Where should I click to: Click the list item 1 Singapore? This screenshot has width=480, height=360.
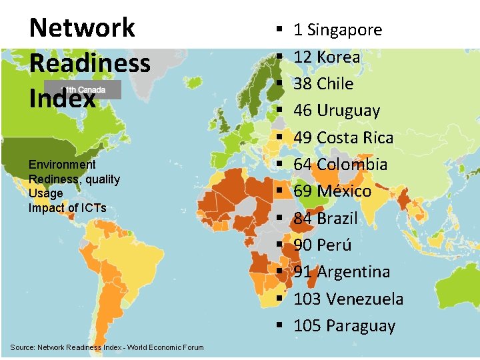[337, 30]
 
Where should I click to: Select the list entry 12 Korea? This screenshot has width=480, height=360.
[327, 57]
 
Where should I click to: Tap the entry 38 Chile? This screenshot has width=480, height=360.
[323, 84]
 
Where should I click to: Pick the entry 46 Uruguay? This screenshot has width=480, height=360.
[337, 111]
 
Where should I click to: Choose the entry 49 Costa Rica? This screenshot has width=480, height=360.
[343, 138]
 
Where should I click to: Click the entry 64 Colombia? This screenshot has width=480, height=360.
[340, 165]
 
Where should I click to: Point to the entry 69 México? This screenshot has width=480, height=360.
[332, 191]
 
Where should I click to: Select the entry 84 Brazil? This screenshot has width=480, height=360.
[325, 219]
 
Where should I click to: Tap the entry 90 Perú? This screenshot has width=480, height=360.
[322, 245]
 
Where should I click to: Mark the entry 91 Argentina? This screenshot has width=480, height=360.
[341, 272]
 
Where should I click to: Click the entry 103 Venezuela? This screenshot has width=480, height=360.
[348, 299]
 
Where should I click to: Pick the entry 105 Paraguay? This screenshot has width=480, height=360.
[344, 326]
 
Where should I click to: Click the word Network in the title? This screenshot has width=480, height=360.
[82, 28]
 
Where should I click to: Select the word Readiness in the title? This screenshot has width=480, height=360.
[90, 63]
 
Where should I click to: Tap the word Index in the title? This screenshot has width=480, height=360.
[63, 99]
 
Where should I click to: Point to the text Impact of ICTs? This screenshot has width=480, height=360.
[67, 207]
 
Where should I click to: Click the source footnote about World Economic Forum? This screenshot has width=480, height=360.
[107, 347]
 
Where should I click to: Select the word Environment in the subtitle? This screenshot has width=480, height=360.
[62, 165]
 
